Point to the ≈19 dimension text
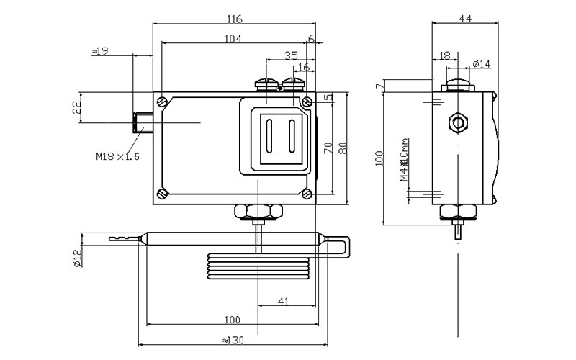click(101, 51)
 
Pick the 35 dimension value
click(290, 55)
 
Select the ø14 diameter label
click(482, 65)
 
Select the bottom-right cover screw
click(307, 193)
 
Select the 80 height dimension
click(343, 148)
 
